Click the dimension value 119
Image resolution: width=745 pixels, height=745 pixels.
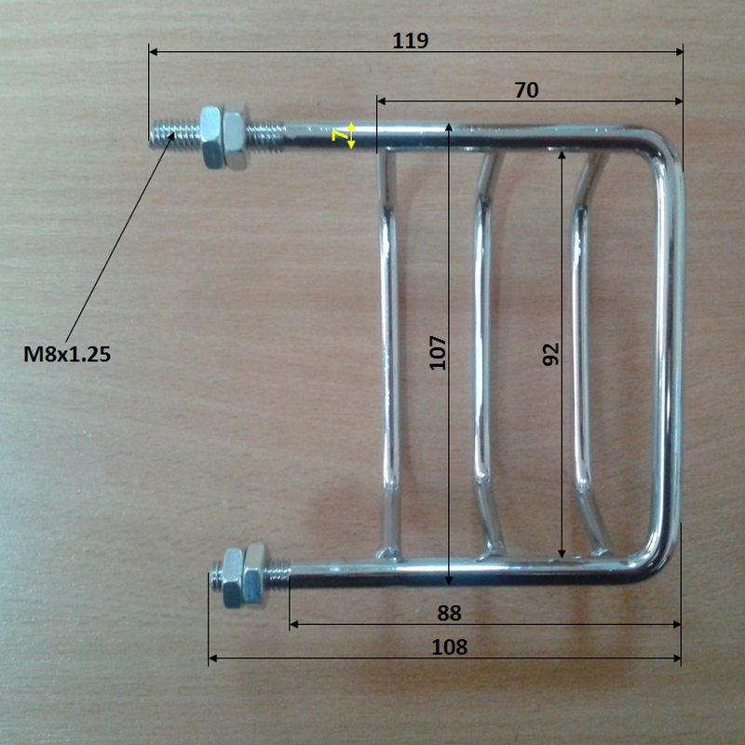411,41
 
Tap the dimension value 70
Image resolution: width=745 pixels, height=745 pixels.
526,90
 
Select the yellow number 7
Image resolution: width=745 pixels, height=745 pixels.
339,136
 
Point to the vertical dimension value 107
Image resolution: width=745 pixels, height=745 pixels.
438,353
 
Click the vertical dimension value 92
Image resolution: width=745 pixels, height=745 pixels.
551,354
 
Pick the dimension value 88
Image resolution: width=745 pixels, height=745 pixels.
449,613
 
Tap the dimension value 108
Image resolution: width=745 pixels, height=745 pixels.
449,647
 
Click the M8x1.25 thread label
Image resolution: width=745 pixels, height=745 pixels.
67,354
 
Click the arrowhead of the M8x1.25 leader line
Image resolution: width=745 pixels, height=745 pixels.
171,135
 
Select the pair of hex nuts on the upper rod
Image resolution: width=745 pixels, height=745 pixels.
223,135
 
